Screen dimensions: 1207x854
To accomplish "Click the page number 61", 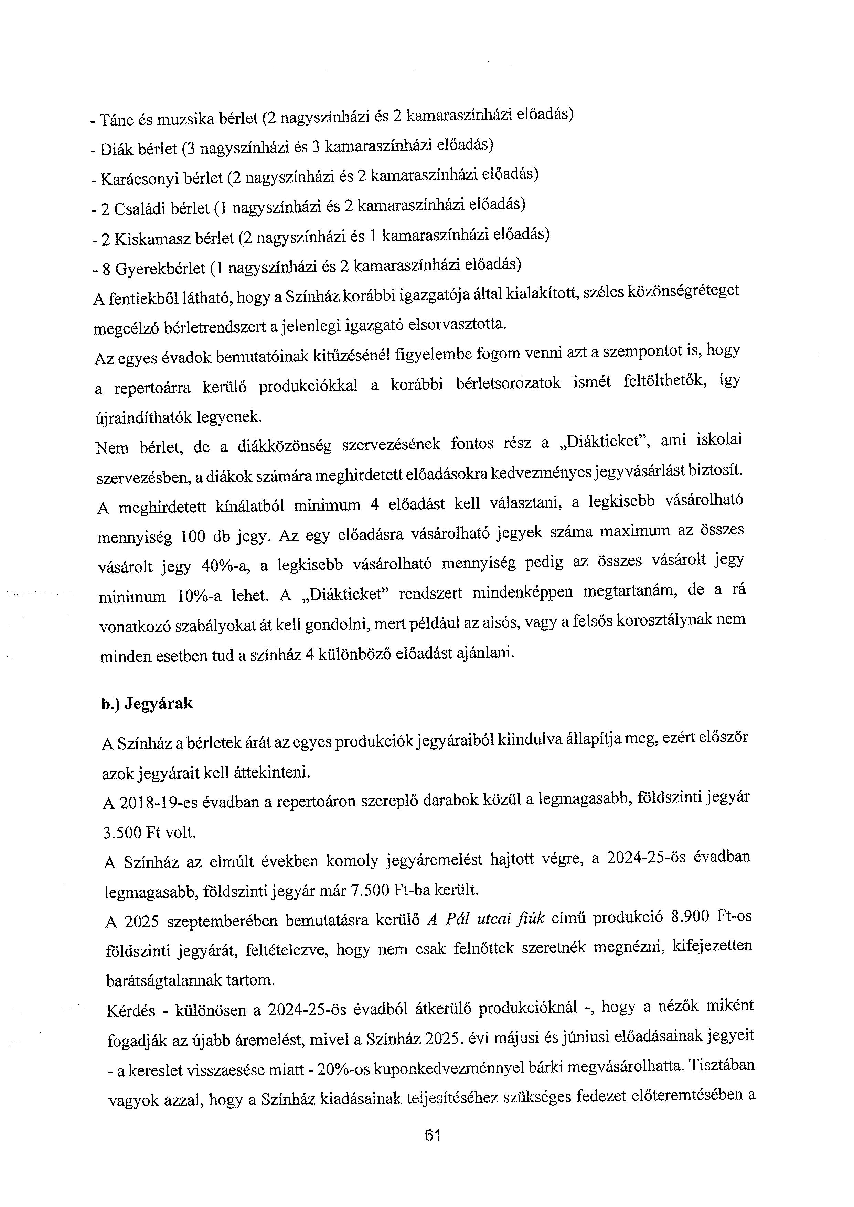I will tap(432, 1135).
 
